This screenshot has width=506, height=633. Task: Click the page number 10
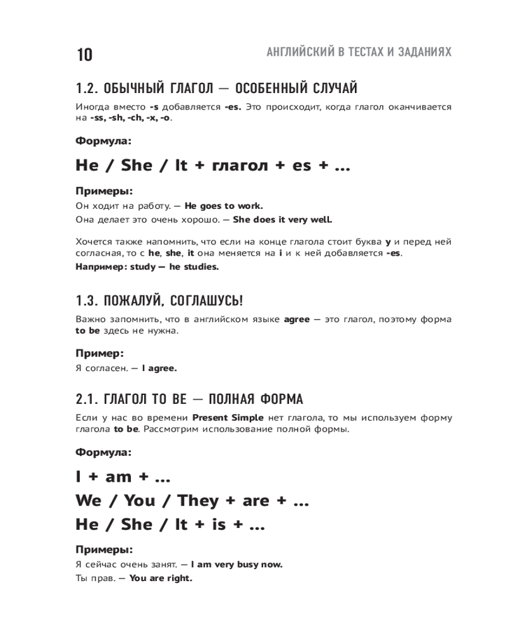tap(84, 55)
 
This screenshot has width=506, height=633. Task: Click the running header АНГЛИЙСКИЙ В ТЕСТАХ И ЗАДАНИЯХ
tap(359, 52)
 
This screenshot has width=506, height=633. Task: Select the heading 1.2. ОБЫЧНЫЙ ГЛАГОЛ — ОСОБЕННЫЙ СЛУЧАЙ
tap(216, 87)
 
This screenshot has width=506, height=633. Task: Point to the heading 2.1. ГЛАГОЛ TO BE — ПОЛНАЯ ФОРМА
tap(189, 399)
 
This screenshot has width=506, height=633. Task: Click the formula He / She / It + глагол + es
tap(213, 166)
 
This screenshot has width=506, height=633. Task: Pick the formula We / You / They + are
tap(192, 501)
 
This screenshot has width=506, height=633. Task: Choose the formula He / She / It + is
tap(170, 525)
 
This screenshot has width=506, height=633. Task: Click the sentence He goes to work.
tap(223, 206)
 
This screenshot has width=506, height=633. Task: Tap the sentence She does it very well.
tap(282, 220)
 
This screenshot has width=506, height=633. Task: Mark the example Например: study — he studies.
tap(147, 266)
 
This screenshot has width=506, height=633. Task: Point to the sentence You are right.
tap(160, 578)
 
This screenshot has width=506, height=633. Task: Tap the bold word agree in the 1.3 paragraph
tap(297, 319)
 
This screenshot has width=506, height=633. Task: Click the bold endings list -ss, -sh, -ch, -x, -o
tap(130, 118)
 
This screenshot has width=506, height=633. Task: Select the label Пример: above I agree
tap(99, 353)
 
